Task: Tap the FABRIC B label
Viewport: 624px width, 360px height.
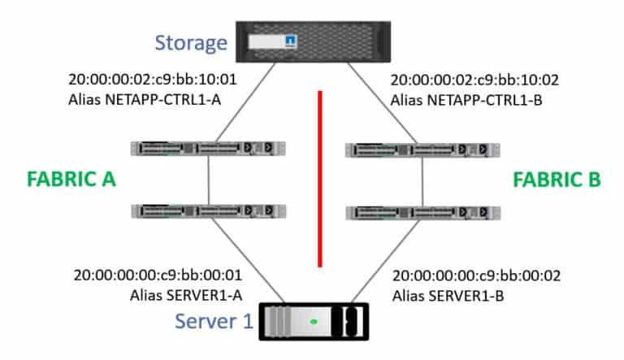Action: (x=557, y=180)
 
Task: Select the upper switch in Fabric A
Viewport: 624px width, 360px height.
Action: (x=210, y=148)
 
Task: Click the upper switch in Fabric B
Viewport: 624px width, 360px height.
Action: (x=422, y=150)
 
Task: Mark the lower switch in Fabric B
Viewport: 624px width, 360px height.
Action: (x=422, y=213)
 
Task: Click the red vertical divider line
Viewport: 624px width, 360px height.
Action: (x=320, y=179)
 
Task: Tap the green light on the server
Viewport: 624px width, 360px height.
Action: (x=313, y=323)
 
